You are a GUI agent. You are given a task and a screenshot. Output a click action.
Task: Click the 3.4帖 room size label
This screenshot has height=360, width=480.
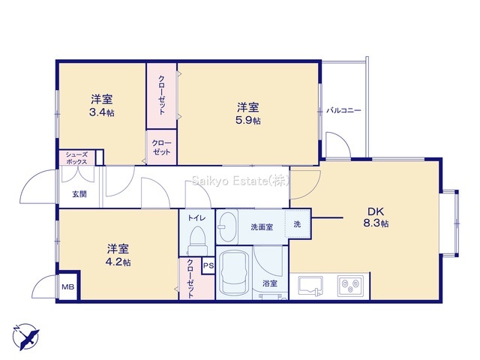(x=102, y=112)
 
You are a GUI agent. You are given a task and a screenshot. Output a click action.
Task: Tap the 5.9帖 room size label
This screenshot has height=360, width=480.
(x=248, y=121)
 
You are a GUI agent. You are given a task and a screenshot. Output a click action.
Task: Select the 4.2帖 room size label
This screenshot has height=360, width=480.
(x=118, y=262)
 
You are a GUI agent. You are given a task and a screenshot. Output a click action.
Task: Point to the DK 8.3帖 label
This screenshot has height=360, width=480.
(x=376, y=217)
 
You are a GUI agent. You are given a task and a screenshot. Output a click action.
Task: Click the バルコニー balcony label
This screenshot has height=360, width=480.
(x=343, y=110)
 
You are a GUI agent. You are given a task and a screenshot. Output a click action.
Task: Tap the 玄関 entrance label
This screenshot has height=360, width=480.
(x=79, y=194)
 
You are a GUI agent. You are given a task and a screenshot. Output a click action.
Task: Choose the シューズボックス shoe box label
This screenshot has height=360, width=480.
(x=76, y=158)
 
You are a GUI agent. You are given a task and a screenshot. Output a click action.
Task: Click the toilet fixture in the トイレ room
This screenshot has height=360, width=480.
(x=196, y=240)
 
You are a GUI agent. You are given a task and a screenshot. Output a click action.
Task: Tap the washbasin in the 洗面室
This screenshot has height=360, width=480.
(x=227, y=226)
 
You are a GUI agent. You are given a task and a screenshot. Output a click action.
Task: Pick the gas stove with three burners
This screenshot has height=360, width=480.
(x=351, y=286)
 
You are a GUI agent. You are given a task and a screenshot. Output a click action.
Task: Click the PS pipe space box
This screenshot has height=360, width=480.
(x=208, y=265)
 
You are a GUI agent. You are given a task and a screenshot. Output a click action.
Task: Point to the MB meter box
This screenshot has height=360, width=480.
(x=68, y=286)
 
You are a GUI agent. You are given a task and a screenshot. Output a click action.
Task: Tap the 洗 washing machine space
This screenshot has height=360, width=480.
(x=297, y=223)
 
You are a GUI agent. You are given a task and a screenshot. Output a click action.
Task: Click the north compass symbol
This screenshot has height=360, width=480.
(x=25, y=336)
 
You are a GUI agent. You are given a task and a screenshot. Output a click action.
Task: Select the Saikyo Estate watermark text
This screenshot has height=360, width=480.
(x=241, y=181)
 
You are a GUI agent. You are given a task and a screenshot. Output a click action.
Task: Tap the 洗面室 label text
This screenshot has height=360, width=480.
(x=262, y=227)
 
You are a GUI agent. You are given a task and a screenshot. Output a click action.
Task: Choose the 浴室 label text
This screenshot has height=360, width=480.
(x=270, y=283)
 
